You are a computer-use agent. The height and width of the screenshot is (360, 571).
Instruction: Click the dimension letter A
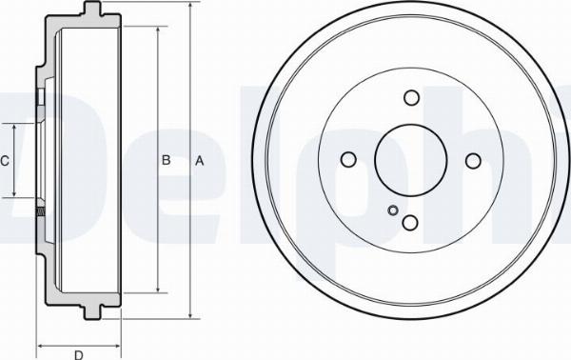[199, 160]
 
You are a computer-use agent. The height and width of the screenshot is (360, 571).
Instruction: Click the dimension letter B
[166, 160]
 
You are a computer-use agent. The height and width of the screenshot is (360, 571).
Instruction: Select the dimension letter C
[5, 161]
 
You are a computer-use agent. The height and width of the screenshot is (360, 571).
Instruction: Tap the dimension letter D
[79, 355]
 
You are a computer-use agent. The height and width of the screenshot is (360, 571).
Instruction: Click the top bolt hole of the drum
[411, 98]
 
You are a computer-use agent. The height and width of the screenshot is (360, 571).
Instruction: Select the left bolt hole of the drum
[348, 159]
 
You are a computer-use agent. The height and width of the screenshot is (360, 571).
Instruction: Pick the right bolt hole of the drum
[473, 161]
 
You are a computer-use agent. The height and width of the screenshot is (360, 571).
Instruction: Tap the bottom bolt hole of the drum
[410, 222]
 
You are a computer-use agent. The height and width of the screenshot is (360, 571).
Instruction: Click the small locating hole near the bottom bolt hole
[393, 210]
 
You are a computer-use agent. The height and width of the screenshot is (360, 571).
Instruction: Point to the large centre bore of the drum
[411, 160]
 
